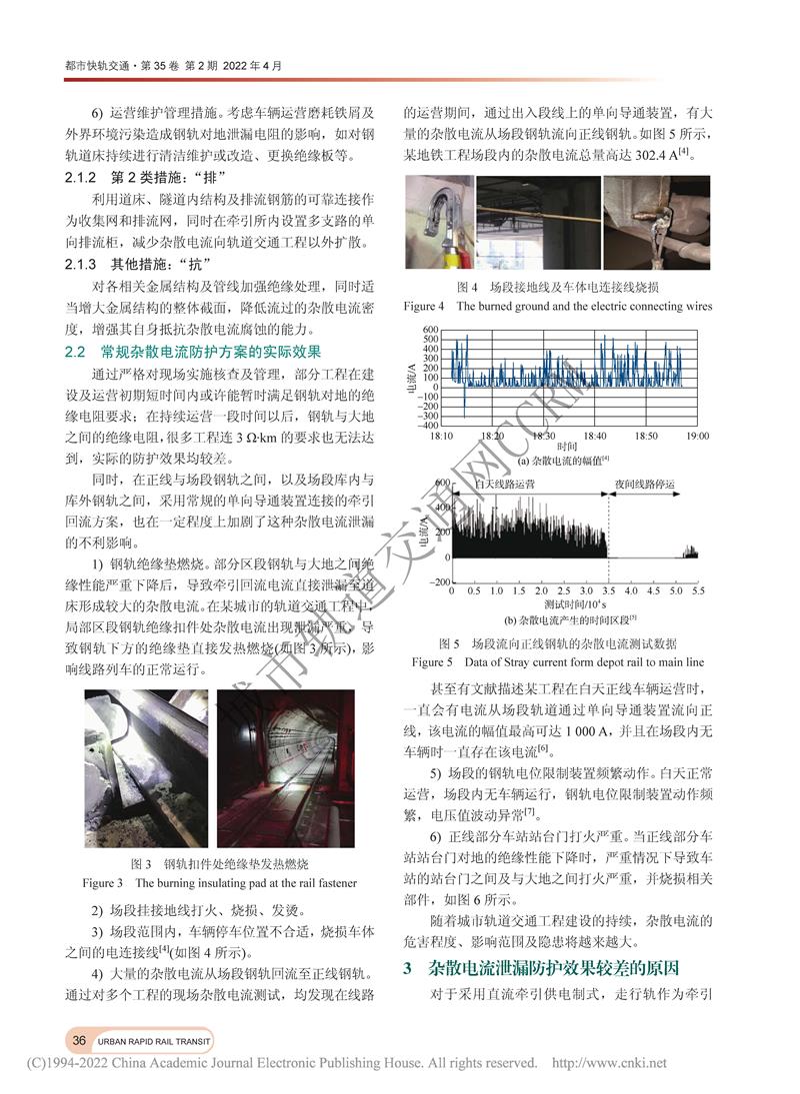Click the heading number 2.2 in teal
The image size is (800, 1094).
[77, 352]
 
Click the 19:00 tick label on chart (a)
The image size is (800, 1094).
[696, 436]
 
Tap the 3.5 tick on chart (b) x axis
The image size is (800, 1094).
[606, 591]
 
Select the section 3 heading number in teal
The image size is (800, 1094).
[407, 968]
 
